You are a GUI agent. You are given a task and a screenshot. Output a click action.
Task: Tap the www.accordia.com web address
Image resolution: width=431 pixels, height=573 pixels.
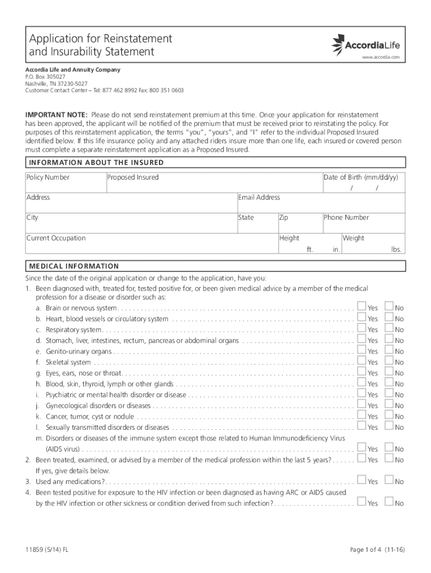(x=381, y=58)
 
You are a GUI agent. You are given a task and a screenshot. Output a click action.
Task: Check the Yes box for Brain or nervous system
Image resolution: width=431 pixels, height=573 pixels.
(x=362, y=307)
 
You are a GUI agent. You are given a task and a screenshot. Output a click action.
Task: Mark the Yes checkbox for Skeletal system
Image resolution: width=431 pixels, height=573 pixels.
(x=362, y=361)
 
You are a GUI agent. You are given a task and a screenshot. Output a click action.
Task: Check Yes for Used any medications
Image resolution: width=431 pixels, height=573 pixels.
(x=362, y=481)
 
